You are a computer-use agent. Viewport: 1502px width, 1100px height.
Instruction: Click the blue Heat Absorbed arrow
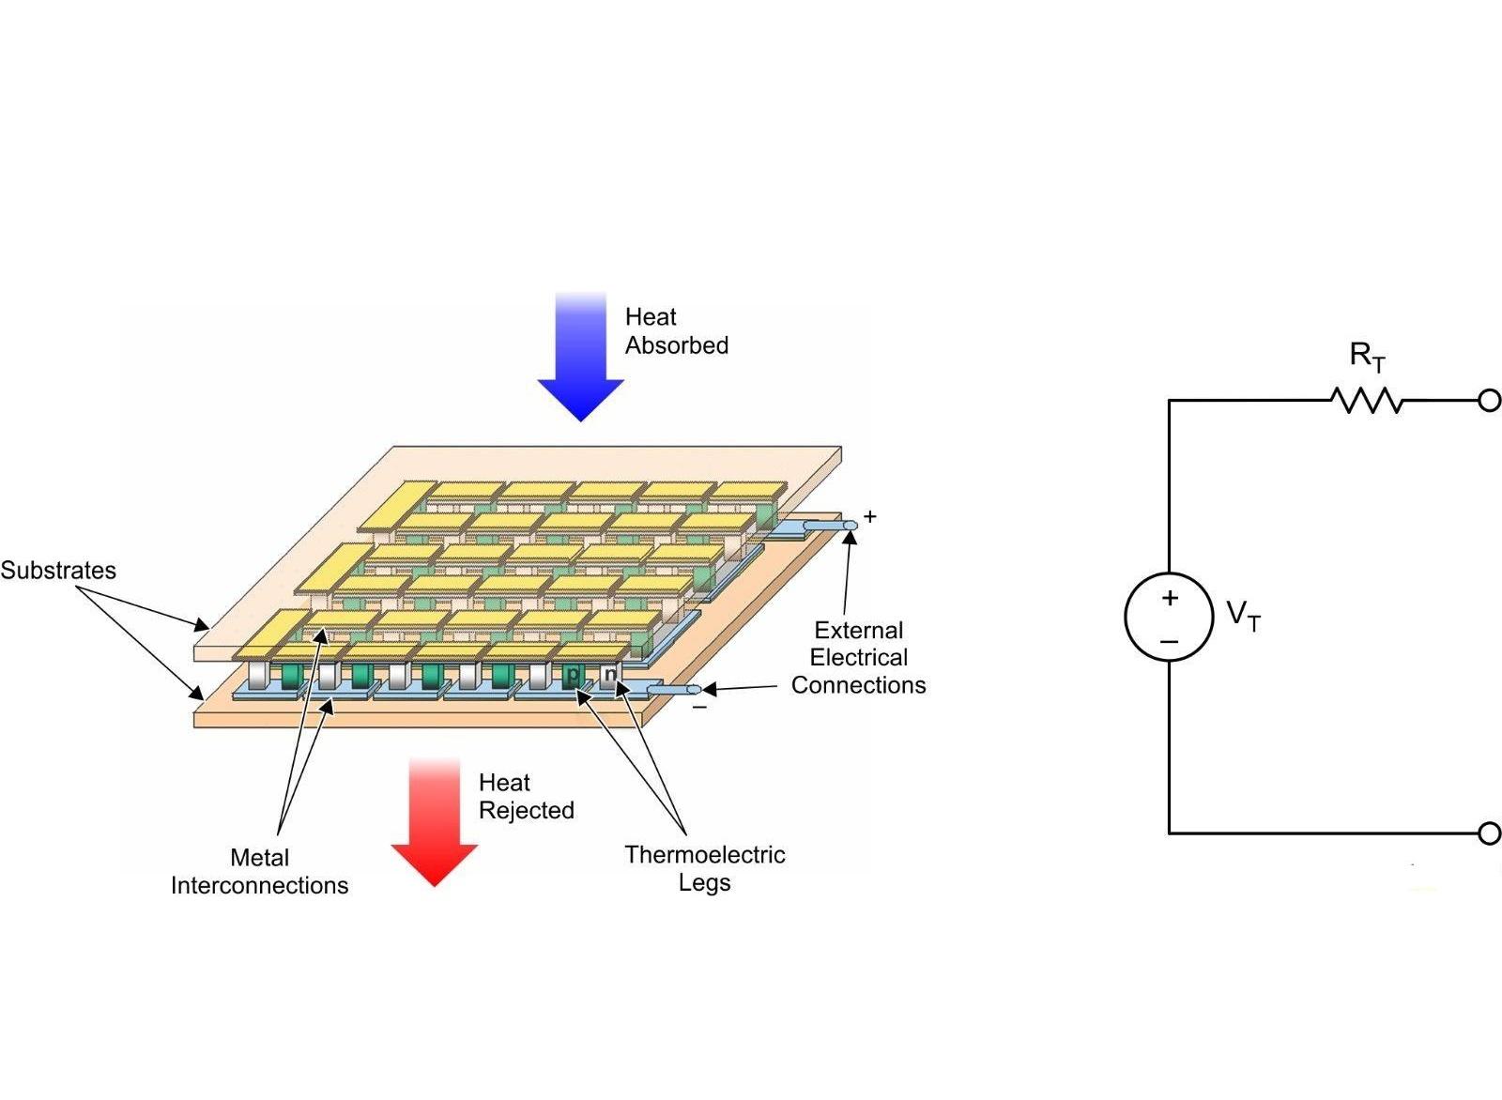coord(581,361)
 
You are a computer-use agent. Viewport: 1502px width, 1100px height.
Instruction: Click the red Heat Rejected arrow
coord(435,826)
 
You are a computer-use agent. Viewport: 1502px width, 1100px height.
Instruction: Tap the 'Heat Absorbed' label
coord(676,331)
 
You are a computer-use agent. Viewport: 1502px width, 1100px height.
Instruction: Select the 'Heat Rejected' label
coord(526,796)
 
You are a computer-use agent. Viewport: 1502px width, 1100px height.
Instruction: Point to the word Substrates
coord(58,571)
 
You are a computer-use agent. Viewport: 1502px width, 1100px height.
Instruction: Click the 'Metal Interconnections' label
coord(259,871)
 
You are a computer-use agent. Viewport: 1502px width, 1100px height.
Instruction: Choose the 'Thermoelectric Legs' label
coord(704,868)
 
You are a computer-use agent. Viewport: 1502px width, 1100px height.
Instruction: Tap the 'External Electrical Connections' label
coord(858,657)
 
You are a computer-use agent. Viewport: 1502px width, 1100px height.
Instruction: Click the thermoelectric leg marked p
coord(573,674)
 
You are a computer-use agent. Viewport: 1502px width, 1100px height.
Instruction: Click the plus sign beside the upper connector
coord(870,516)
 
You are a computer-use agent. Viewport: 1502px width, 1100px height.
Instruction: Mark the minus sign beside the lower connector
coord(699,707)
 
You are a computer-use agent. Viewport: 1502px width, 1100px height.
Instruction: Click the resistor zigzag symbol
coord(1367,401)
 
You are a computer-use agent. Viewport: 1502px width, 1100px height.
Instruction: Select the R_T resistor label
coord(1367,357)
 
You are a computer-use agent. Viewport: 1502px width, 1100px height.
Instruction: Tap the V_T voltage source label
coord(1243,616)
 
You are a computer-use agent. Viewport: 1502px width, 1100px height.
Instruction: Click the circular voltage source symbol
coord(1169,617)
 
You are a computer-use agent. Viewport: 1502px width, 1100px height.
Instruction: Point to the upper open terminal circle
coord(1489,401)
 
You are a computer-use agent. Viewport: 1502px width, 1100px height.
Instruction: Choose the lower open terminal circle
coord(1489,833)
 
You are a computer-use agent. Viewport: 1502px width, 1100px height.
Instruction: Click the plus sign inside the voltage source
coord(1170,598)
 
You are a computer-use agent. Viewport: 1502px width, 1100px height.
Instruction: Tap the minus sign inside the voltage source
coord(1169,641)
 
